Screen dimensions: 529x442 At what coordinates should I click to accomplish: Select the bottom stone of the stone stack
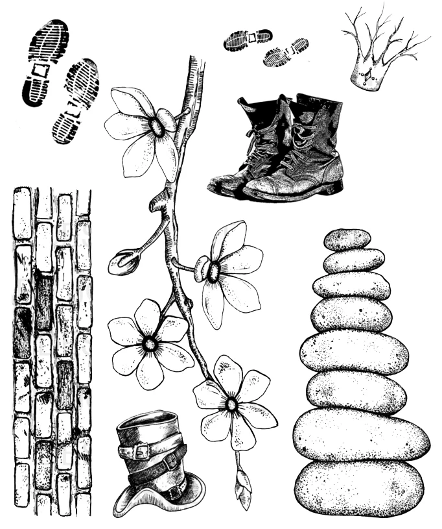(x=358, y=487)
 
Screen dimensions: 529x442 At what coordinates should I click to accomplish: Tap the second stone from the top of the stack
(x=353, y=260)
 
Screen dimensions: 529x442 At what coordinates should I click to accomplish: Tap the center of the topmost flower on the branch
(x=156, y=127)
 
